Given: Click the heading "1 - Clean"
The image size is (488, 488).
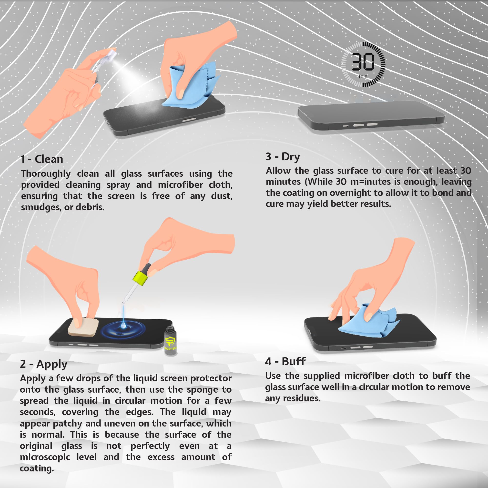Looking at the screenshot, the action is point(42,159).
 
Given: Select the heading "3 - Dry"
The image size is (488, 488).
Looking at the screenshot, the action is point(283,157).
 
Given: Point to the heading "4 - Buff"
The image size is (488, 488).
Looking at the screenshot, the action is point(285,361).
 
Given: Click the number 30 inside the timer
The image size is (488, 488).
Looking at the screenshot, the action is point(363,62).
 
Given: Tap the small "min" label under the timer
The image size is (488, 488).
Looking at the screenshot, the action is point(363,76).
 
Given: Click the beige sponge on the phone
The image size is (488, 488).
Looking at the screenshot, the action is point(83,327).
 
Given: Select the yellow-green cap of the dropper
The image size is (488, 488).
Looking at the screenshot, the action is point(140,278).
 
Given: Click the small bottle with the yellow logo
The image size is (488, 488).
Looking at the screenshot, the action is point(171,341).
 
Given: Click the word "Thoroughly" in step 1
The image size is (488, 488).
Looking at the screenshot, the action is point(46,174).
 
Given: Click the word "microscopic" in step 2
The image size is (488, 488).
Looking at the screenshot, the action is point(45,458).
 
